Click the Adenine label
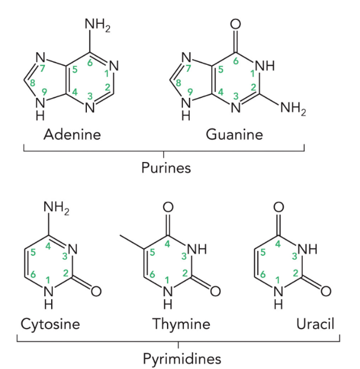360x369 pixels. pos(72,135)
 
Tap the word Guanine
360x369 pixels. pos(235,135)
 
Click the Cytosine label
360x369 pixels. pos(50,324)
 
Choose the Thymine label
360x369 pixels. pos(181,324)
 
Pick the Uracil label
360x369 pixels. pos(315,324)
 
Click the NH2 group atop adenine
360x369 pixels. pos(97,25)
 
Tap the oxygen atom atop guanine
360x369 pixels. pos(236,24)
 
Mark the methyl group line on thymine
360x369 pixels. pos(133,241)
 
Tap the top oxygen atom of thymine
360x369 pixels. pos(168,208)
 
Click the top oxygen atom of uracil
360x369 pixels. pos(278,208)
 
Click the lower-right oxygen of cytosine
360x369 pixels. pos(96,291)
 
